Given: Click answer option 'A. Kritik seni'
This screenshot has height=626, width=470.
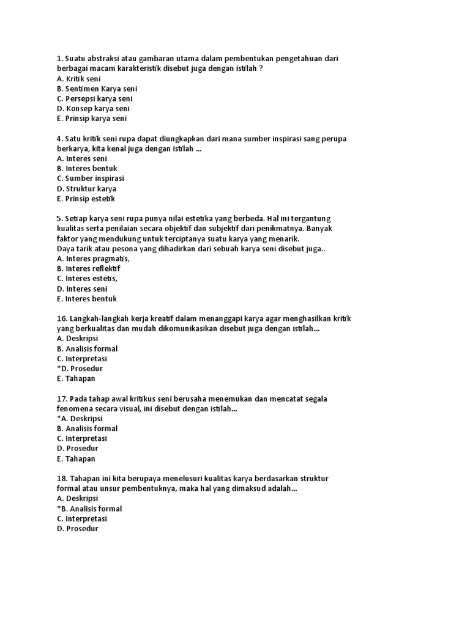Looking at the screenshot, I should pos(78,79).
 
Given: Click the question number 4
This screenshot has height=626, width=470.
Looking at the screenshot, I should pos(59,139).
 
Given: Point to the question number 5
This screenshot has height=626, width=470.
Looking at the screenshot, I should pos(59,218).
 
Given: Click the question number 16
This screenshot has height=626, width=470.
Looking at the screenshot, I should pos(62,319).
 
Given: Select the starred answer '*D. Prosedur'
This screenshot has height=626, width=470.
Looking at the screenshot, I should pos(80,369).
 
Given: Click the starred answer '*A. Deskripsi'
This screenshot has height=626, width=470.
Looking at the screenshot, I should pos(80,419).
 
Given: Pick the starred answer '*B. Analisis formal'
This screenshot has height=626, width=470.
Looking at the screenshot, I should pos(89,509).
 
